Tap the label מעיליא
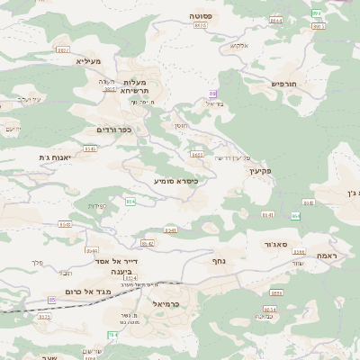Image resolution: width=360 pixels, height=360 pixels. [x=89, y=61]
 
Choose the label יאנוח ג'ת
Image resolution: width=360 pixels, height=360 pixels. [x=56, y=157]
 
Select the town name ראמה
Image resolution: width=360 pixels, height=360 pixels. [x=326, y=256]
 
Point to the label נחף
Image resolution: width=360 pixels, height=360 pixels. [x=218, y=261]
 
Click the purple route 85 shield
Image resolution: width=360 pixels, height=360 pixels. [x=52, y=299]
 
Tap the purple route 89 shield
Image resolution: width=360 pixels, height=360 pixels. [x=212, y=94]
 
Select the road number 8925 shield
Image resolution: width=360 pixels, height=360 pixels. [x=200, y=26]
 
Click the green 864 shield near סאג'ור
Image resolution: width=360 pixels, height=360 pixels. [x=295, y=216]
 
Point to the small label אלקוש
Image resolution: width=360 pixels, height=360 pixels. [x=239, y=45]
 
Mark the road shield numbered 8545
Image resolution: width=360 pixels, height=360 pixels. [x=90, y=148]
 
